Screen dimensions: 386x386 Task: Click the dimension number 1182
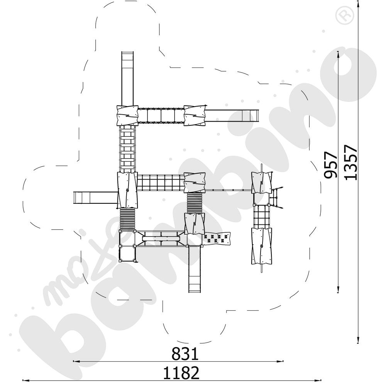(181, 373)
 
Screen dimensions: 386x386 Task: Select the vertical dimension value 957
(331, 165)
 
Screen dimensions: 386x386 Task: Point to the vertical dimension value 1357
(350, 162)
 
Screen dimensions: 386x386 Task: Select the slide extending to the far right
(232, 115)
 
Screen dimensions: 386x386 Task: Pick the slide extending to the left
(95, 198)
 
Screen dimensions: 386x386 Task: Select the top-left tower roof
(127, 115)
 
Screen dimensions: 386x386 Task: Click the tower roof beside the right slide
(195, 115)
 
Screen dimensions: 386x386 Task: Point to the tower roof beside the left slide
(127, 190)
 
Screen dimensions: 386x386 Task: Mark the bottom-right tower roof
(261, 245)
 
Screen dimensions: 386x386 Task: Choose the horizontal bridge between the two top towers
(161, 115)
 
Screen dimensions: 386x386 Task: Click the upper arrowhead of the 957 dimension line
(339, 54)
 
